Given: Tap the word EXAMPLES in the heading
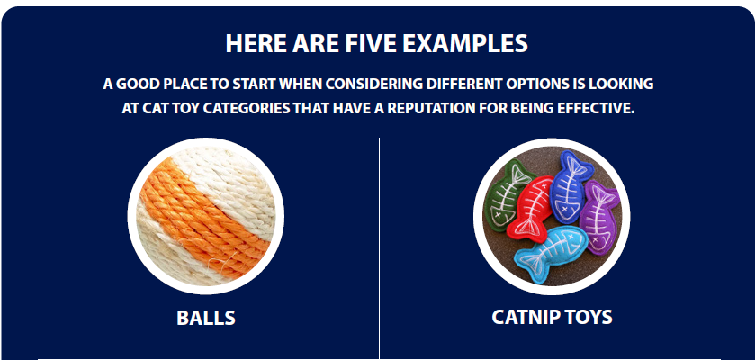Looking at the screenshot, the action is click(x=465, y=43).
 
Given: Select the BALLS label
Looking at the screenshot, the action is click(x=206, y=318).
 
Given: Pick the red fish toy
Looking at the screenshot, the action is click(x=530, y=208).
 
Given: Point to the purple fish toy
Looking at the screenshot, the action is click(x=598, y=217).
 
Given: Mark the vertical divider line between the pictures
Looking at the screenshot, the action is click(x=380, y=248).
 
